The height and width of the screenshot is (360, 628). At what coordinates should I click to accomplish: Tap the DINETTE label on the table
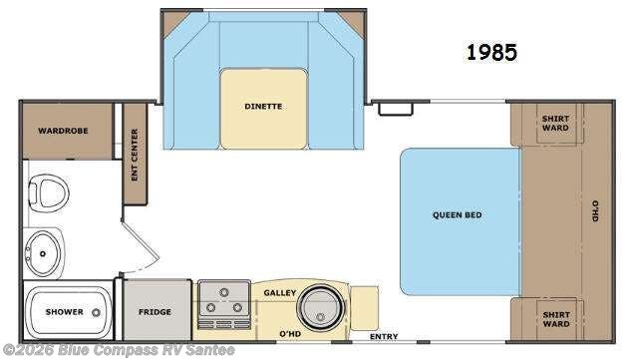point(263,105)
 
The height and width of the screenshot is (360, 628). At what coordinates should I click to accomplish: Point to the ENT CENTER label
point(135,156)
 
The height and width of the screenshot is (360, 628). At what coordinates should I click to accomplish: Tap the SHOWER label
point(65,312)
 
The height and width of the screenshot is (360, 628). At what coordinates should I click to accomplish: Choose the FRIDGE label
point(154,312)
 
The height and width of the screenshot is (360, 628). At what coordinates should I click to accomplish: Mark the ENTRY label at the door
point(384,336)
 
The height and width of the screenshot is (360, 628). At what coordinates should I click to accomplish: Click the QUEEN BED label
point(459,214)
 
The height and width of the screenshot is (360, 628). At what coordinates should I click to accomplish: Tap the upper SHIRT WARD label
point(555,123)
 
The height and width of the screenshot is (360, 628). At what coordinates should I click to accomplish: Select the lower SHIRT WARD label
point(555,318)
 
